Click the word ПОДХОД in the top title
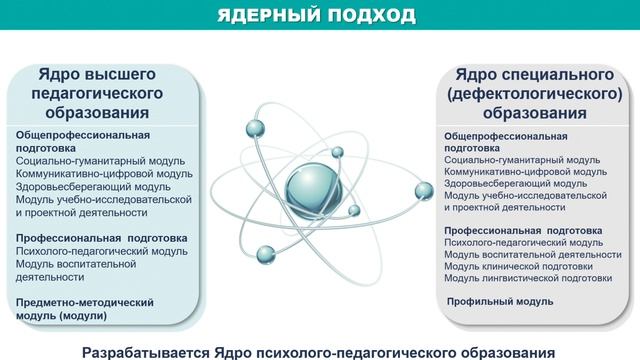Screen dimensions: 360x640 371,16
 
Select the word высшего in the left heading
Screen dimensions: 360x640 127,75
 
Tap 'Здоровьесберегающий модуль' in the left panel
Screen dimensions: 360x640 86,185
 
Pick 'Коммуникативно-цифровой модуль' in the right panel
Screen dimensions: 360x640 526,171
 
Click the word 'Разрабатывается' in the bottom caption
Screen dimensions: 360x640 150,351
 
